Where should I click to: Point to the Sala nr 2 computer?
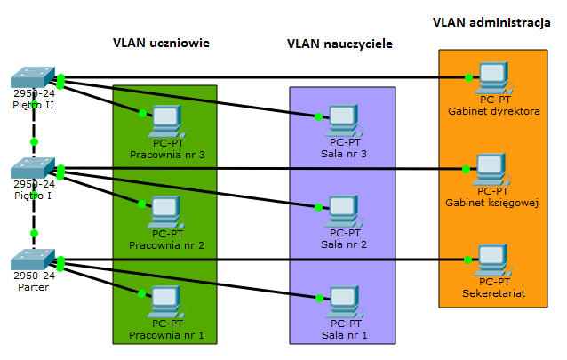pyautogui.click(x=344, y=212)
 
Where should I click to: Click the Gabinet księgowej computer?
pyautogui.click(x=490, y=169)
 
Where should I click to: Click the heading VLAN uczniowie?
pyautogui.click(x=161, y=43)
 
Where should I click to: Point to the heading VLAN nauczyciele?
pyautogui.click(x=340, y=44)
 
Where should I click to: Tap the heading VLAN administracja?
pyautogui.click(x=491, y=21)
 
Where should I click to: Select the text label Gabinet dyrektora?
pyautogui.click(x=495, y=111)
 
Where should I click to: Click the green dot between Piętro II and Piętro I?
pyautogui.click(x=34, y=142)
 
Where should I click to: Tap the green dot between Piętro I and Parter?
pyautogui.click(x=34, y=233)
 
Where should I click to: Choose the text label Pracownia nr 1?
pyautogui.click(x=167, y=335)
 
